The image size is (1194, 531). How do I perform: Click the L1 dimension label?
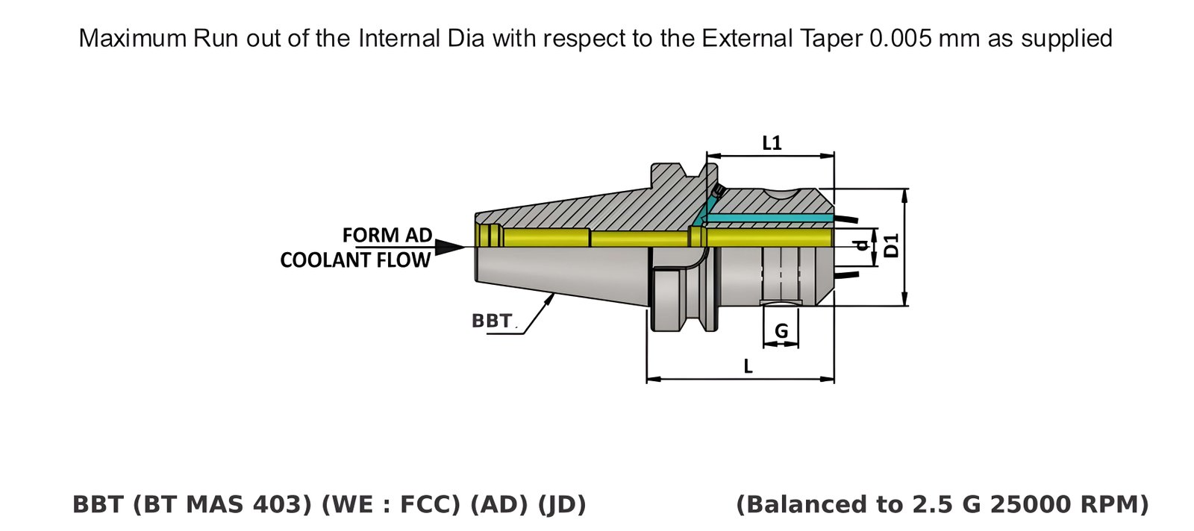tap(772, 142)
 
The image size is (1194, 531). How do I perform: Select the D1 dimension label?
tap(891, 245)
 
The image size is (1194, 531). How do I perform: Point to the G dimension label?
tap(781, 331)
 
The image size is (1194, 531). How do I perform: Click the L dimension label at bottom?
tap(748, 366)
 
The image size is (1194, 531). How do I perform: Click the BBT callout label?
tap(492, 321)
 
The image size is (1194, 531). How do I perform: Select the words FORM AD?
tap(387, 235)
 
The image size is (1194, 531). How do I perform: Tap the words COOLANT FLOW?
tap(355, 260)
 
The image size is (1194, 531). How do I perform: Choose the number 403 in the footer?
tap(283, 505)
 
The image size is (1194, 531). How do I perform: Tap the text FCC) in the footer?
tap(432, 505)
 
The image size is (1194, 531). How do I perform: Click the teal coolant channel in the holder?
tap(769, 218)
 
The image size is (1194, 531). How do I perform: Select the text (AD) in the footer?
tap(499, 505)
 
